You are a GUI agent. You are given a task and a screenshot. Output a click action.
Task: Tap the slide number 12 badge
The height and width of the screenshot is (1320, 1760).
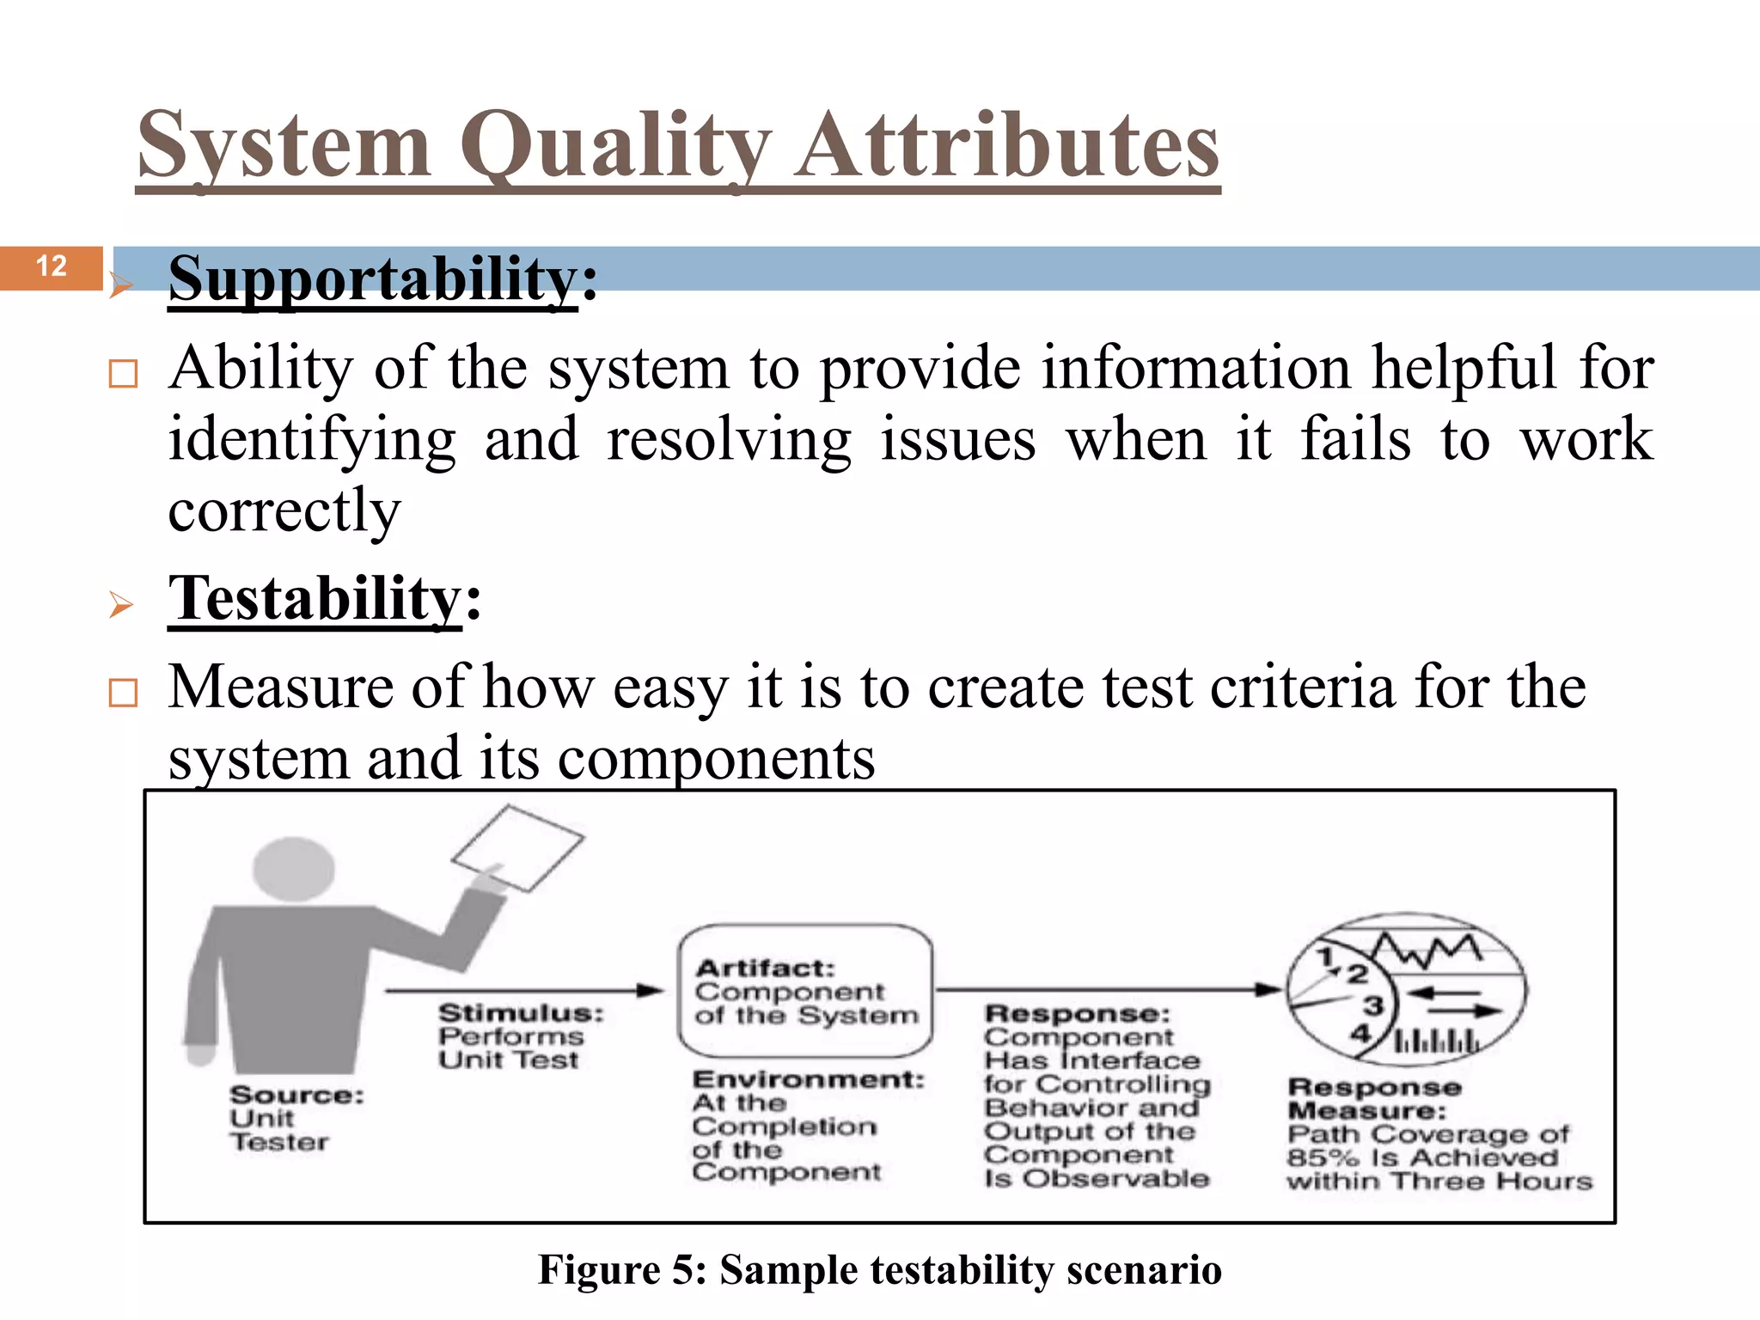coord(52,266)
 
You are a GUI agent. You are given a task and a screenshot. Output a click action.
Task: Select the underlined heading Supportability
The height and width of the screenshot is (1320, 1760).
coord(372,279)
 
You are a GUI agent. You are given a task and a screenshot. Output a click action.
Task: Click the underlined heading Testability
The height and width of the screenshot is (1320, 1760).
coord(315,599)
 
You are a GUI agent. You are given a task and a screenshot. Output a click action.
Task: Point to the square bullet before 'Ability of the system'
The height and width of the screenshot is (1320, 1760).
coord(123,375)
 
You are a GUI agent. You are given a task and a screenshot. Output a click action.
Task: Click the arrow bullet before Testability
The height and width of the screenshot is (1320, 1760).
coord(121,605)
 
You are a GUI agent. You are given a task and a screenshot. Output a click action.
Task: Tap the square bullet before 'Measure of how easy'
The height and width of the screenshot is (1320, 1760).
coord(123,693)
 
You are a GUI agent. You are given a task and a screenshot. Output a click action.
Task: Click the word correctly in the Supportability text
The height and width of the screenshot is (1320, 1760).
coord(284,511)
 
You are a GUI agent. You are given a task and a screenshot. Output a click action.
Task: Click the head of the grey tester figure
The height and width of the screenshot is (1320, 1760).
coord(294,868)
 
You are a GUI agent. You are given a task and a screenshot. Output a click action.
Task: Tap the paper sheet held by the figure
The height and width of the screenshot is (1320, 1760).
coord(517,847)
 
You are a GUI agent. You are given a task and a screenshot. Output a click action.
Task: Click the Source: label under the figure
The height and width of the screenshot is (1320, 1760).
coord(296,1095)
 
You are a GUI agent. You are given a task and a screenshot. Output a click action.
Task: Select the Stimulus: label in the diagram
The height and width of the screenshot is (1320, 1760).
coord(521,1012)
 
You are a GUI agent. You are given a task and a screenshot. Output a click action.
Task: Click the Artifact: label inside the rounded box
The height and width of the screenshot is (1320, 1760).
coord(765,969)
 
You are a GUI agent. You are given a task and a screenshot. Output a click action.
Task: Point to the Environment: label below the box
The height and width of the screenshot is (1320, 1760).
coord(808,1079)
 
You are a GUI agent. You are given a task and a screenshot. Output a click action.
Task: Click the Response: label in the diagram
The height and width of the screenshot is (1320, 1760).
coord(1077,1014)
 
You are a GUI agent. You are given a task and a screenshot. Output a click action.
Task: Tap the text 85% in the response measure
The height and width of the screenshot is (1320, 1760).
coord(1322,1158)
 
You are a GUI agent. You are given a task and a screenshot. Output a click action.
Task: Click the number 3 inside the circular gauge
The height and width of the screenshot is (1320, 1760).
coord(1373,1005)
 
